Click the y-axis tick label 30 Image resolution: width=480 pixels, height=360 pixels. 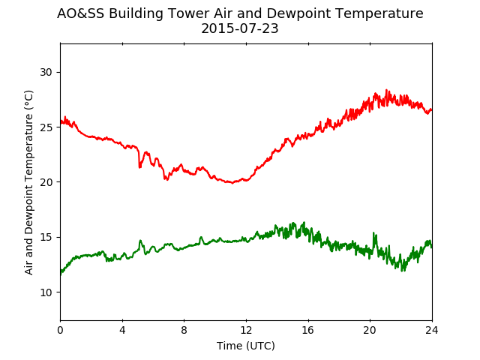point(46,72)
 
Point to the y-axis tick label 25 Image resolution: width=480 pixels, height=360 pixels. point(46,127)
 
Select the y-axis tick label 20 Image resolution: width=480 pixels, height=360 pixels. point(46,182)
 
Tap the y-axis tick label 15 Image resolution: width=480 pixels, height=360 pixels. point(46,237)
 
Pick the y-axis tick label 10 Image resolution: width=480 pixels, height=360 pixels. point(46,292)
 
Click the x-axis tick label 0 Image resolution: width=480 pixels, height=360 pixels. point(60,330)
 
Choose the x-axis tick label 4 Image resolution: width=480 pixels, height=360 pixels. point(122,330)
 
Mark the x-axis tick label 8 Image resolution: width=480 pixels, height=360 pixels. point(184,330)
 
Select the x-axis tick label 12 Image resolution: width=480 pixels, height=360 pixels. point(247,330)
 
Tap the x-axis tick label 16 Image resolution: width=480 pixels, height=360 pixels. point(308,330)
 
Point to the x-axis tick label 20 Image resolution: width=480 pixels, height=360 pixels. point(370,330)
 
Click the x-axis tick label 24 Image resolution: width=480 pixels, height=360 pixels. point(432,330)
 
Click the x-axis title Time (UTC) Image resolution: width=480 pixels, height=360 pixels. point(246,346)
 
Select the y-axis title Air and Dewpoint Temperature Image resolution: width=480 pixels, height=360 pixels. point(28,182)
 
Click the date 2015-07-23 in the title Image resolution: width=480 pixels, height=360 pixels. point(240,28)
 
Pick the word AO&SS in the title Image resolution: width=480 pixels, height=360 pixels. point(81,13)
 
